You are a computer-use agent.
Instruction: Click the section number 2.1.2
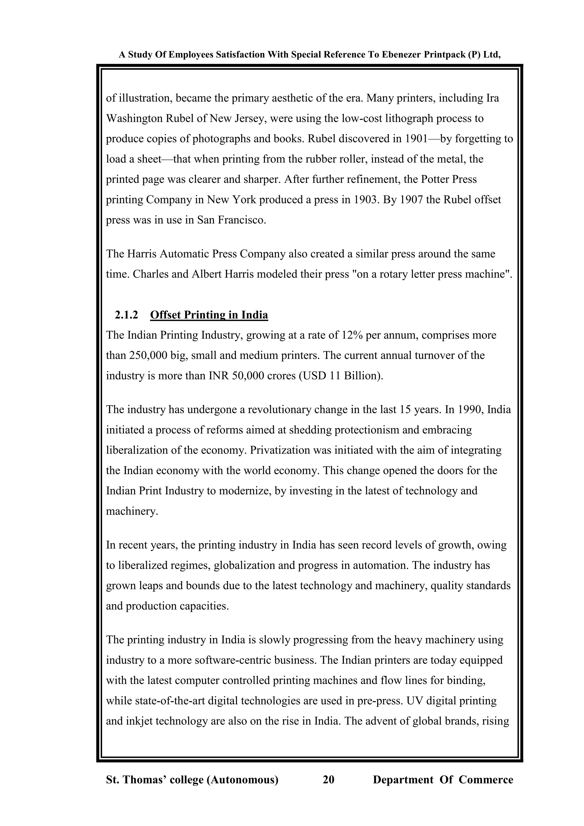coord(126,315)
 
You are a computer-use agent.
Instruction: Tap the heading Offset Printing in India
coord(209,315)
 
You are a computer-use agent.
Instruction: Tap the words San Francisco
coord(231,220)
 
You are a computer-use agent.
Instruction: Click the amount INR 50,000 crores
coord(252,376)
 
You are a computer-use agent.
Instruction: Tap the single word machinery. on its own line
coord(132,511)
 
